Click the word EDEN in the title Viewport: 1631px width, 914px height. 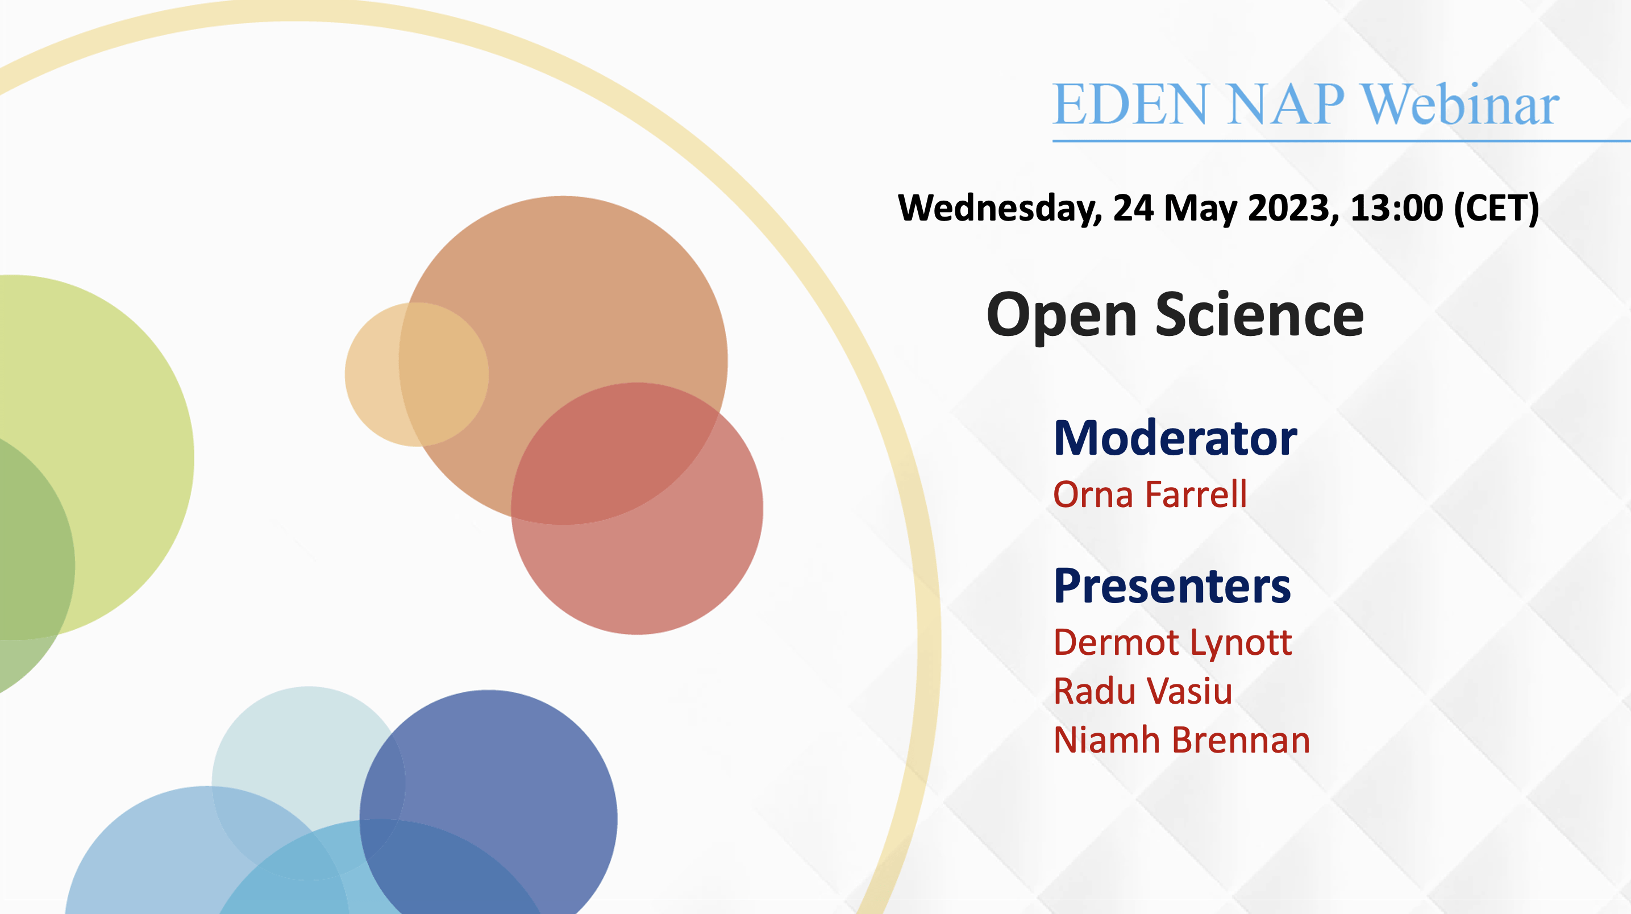[x=1130, y=104]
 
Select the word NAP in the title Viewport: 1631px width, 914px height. [x=1285, y=104]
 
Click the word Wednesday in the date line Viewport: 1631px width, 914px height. [x=1000, y=209]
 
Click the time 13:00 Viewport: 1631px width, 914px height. [x=1396, y=208]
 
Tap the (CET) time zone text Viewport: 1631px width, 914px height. [x=1496, y=209]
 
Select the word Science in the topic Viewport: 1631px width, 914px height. [x=1259, y=315]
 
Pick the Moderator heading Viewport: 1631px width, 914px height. [x=1175, y=438]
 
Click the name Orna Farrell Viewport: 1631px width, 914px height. [x=1150, y=494]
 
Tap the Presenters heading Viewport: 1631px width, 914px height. [x=1172, y=587]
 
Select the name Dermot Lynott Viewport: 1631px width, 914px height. [x=1172, y=643]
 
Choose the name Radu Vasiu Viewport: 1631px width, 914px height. [x=1143, y=691]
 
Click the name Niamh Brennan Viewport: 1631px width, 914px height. [x=1181, y=740]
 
